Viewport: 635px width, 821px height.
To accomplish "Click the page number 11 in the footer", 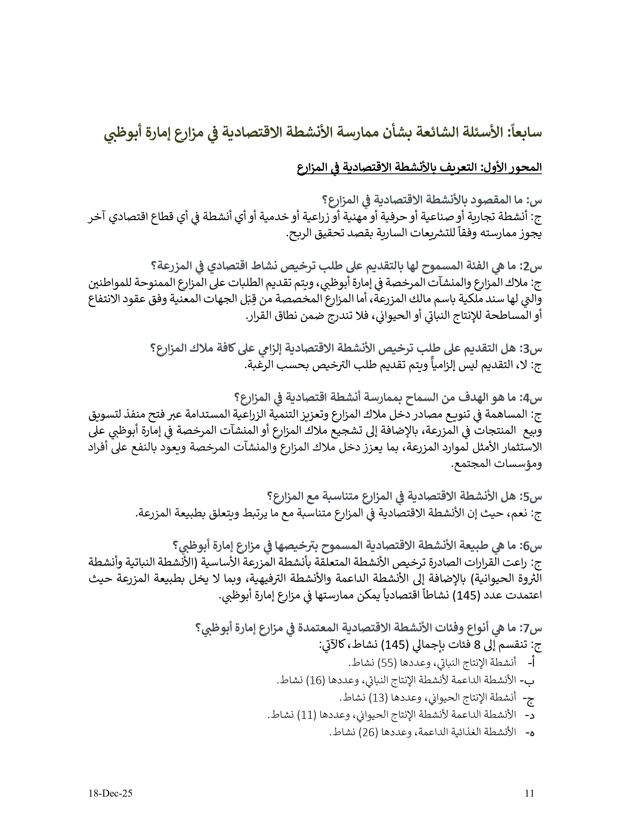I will [x=529, y=793].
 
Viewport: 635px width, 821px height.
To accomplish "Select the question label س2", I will [x=531, y=266].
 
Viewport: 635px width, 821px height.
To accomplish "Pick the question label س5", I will [x=531, y=497].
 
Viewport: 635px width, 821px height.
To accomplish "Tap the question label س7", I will [x=531, y=628].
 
